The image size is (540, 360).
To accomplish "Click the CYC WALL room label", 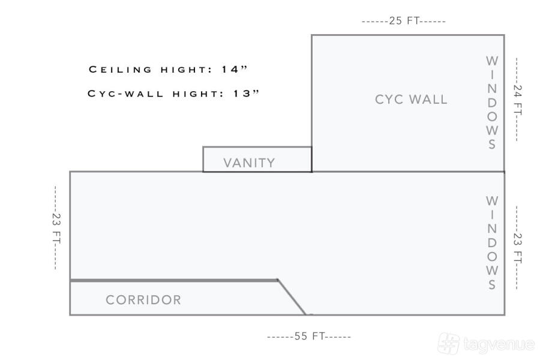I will tap(411, 100).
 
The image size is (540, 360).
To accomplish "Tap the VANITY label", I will tap(249, 163).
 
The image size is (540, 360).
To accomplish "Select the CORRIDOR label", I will tap(143, 300).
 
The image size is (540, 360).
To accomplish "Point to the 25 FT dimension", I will tap(404, 21).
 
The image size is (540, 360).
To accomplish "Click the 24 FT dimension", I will tap(517, 100).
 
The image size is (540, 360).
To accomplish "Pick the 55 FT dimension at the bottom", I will tap(309, 337).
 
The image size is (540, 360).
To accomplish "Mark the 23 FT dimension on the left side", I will tap(56, 227).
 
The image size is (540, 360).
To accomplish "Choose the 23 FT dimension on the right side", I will tap(517, 248).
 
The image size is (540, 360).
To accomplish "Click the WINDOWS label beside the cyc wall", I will tap(492, 103).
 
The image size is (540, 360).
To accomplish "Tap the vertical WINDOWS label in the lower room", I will tap(492, 242).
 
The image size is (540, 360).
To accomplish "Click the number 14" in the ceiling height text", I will tap(234, 70).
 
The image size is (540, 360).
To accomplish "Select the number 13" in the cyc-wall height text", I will tap(247, 94).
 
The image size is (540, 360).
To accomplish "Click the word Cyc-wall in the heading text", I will tap(125, 94).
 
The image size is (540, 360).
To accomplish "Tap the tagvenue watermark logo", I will tap(486, 344).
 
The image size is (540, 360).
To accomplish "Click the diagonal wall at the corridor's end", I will tap(292, 297).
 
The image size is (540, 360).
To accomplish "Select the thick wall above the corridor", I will tap(174, 280).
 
